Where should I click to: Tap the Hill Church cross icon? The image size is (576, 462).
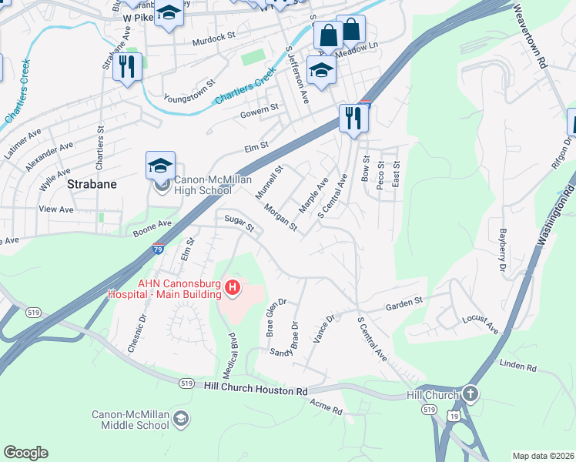pyautogui.click(x=470, y=394)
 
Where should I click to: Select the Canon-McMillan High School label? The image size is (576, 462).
pyautogui.click(x=203, y=186)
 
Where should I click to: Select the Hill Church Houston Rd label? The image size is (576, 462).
pyautogui.click(x=256, y=391)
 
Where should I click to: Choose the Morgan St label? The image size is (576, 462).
pyautogui.click(x=280, y=217)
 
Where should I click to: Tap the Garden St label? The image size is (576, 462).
pyautogui.click(x=405, y=302)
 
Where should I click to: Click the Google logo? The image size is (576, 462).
pyautogui.click(x=25, y=453)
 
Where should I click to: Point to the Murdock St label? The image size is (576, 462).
pyautogui.click(x=213, y=38)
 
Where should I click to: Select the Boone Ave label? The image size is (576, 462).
pyautogui.click(x=151, y=224)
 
